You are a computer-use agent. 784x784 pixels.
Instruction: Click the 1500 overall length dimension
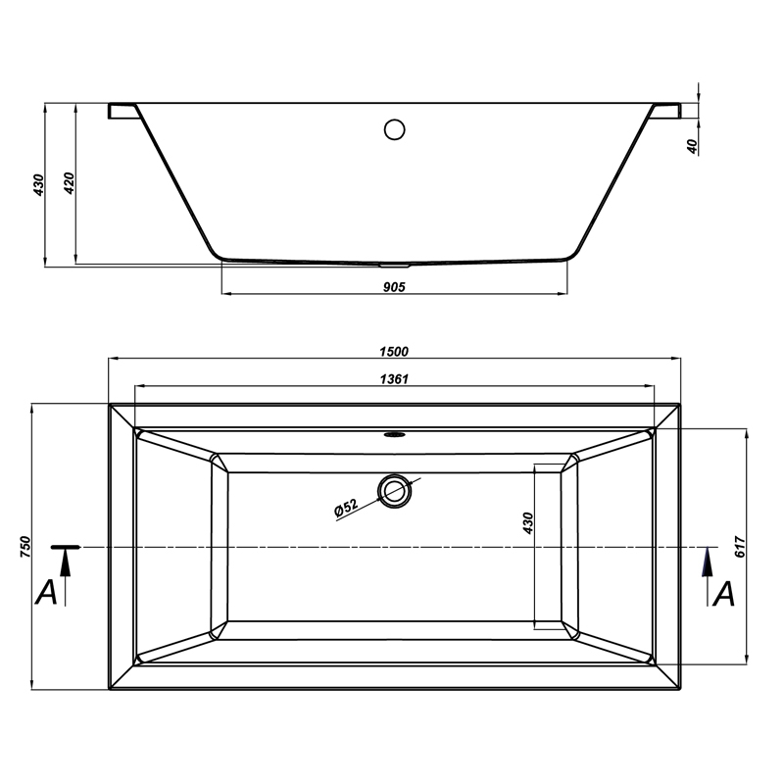pos(394,352)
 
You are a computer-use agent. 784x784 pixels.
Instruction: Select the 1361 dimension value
pos(394,379)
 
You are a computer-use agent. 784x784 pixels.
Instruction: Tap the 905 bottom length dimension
pos(394,287)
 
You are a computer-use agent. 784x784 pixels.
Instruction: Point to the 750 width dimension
pos(25,547)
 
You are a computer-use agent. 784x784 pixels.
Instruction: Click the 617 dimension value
pos(741,547)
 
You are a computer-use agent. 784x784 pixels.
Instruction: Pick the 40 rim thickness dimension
pos(692,146)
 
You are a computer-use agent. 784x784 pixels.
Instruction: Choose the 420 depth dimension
pos(70,183)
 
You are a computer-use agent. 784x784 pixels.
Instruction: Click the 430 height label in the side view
pos(39,185)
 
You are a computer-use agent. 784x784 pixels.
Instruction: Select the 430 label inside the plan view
pos(528,523)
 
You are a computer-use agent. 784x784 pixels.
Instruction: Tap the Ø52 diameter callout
pos(346,507)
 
